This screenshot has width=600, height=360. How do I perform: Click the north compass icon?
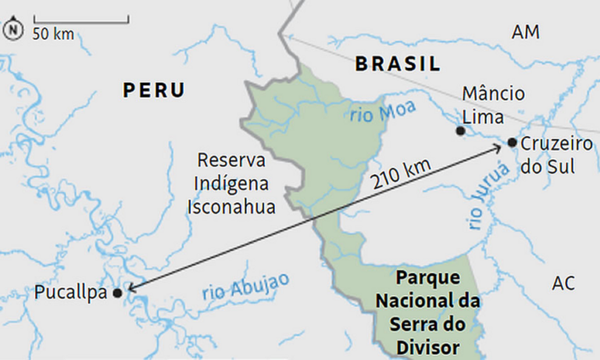coord(13,30)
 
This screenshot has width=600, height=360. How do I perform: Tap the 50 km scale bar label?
coord(52,33)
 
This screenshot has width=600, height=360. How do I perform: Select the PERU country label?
coord(154,91)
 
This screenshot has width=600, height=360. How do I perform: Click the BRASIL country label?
coord(398,64)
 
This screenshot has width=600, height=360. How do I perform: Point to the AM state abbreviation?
coord(525,32)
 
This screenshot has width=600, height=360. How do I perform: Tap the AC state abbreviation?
coord(562,283)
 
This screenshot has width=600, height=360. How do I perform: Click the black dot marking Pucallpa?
coord(117,293)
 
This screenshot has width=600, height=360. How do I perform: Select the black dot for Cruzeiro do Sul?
coord(511,142)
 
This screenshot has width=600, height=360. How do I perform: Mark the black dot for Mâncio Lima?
coord(460,130)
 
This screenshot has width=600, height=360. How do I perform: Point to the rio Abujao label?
coord(245,287)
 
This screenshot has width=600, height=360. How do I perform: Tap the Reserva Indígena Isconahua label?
coord(231,183)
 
